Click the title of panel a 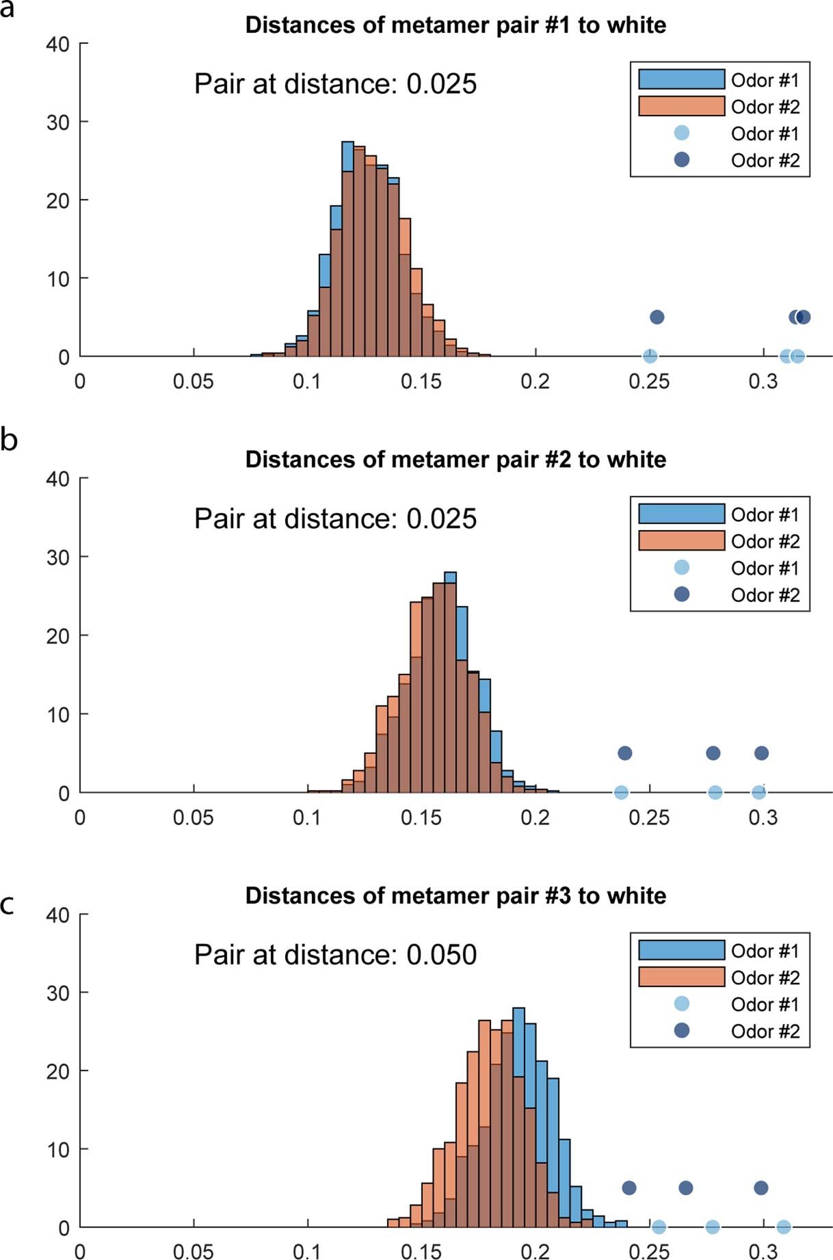[455, 25]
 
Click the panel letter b [9, 440]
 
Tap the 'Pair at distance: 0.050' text [335, 954]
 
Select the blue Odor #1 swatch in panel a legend [681, 79]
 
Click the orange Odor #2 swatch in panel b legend [681, 540]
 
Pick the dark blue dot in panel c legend [682, 1030]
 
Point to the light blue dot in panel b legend [682, 567]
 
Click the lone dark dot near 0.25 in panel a [657, 317]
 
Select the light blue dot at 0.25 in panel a [650, 356]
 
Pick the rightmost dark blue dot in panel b [761, 753]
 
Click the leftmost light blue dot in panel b [621, 792]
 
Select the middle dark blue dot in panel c [685, 1188]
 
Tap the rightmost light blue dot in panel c [783, 1227]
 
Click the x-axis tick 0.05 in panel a [194, 382]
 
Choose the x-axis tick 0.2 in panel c [535, 1252]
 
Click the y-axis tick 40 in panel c [57, 915]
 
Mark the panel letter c [8, 904]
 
